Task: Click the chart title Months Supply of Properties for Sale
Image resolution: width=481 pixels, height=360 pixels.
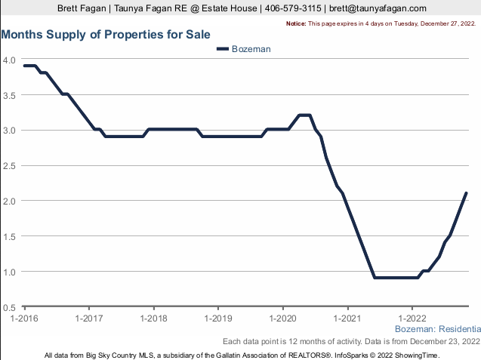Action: click(x=106, y=35)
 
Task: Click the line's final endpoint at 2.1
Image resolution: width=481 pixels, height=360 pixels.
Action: click(x=467, y=193)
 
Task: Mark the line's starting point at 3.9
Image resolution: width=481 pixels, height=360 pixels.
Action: click(x=25, y=66)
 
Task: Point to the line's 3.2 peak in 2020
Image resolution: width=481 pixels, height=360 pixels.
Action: click(x=305, y=115)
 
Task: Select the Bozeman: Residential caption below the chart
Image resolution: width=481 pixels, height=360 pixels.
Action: click(x=437, y=330)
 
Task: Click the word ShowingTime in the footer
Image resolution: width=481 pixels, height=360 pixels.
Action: click(x=417, y=355)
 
